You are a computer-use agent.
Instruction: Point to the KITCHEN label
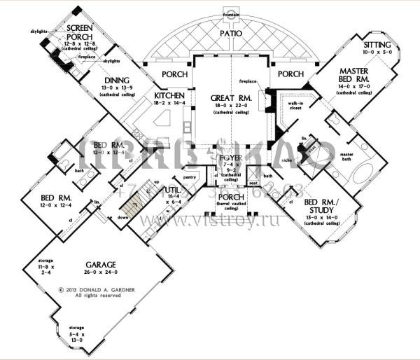169,95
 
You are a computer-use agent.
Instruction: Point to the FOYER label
230,158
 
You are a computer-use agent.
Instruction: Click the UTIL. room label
173,190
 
